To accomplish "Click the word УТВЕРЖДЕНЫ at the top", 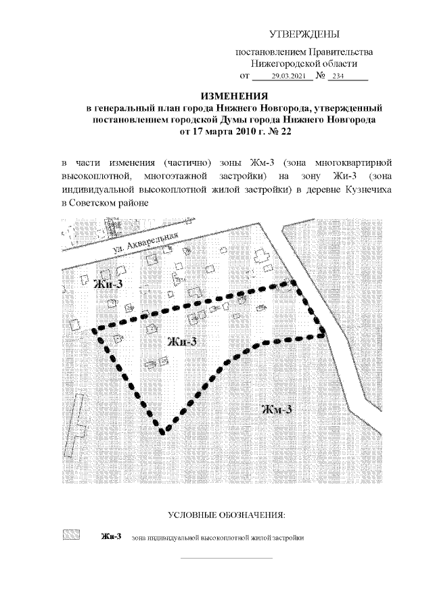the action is pos(304,34).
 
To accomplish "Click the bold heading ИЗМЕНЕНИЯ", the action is pos(235,96).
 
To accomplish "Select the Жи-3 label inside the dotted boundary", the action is pos(181,342).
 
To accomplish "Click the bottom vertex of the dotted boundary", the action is pos(162,430).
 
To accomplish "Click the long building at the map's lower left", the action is pos(78,417).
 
